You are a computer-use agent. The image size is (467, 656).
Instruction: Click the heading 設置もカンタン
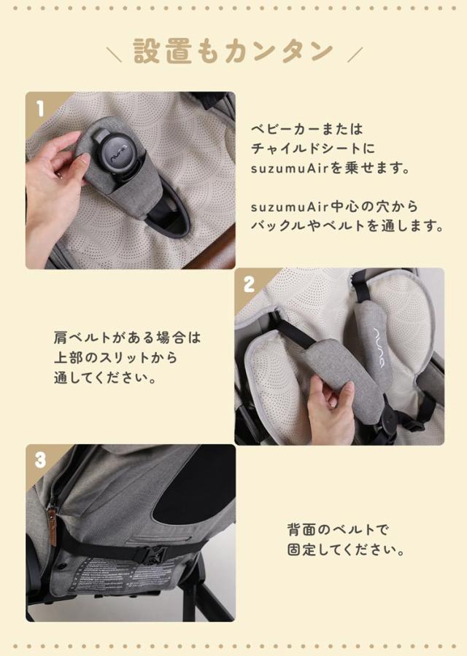(233, 52)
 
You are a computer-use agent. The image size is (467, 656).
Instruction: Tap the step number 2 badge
(249, 284)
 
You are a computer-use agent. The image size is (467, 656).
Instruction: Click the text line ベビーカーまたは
(306, 129)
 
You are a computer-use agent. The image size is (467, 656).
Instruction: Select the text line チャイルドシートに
(312, 149)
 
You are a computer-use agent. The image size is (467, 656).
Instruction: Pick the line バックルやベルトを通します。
(347, 226)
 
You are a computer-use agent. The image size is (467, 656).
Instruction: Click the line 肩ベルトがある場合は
(126, 338)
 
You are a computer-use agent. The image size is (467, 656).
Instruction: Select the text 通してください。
(105, 378)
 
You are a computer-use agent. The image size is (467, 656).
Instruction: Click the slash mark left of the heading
(115, 54)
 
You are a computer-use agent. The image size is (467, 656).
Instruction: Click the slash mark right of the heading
(355, 54)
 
